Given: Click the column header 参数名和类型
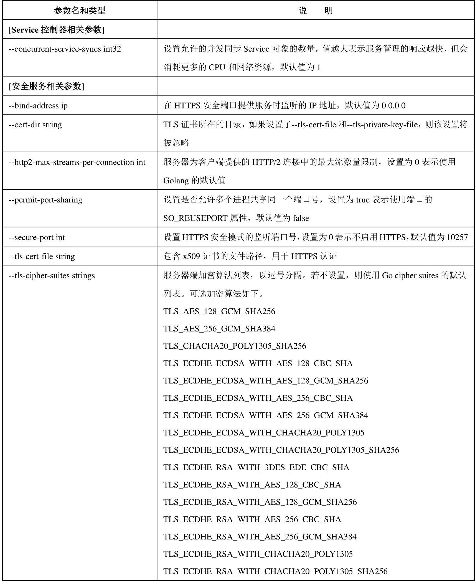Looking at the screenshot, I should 80,11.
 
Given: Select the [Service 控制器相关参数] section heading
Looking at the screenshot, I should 57,30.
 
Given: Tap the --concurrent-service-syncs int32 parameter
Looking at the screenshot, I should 65,49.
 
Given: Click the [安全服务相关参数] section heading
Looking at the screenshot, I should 46,86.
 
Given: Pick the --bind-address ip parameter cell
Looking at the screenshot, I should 38,106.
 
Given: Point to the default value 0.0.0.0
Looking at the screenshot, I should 393,106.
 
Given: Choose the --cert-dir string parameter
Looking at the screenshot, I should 35,125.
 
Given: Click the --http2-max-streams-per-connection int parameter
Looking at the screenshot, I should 77,162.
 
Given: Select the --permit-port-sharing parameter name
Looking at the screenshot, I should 45,200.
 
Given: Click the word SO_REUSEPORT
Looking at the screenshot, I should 195,218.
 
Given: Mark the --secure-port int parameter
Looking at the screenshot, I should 37,237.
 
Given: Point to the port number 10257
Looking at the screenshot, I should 457,237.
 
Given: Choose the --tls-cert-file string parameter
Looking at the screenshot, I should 42,256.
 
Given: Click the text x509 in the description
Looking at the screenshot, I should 191,256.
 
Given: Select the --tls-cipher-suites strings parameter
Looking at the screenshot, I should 52,276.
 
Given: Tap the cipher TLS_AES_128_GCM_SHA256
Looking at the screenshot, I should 219,311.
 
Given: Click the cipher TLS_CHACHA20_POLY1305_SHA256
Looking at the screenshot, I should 235,346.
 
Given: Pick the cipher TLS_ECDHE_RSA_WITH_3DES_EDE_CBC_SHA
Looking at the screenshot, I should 256,467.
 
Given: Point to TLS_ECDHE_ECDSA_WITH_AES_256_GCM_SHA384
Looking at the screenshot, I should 265,415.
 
